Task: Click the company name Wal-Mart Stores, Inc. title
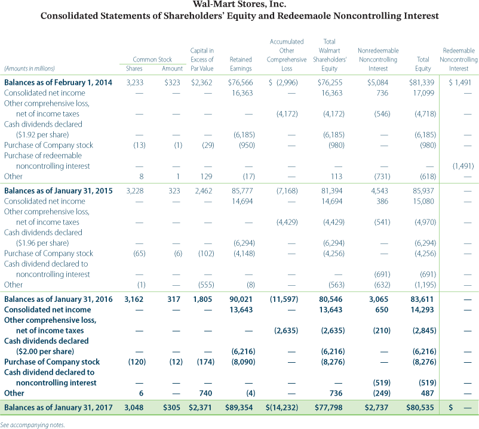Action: [x=239, y=5]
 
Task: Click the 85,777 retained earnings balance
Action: [x=242, y=190]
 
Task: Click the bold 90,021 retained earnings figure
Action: [x=241, y=299]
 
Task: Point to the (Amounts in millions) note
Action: [x=29, y=69]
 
